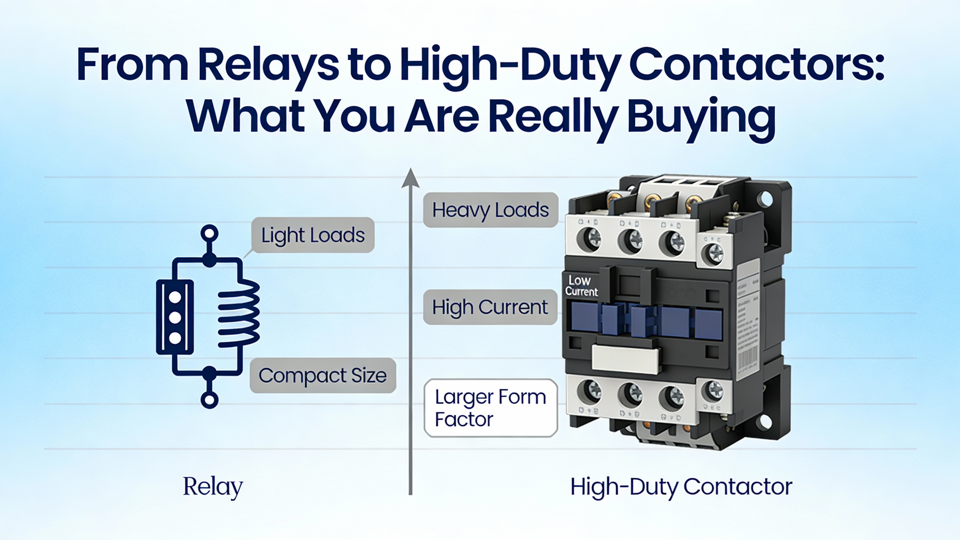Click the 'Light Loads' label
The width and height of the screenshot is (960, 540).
pyautogui.click(x=313, y=235)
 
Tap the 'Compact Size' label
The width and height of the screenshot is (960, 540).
pyautogui.click(x=322, y=375)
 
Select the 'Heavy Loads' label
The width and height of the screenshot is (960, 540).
pyautogui.click(x=490, y=210)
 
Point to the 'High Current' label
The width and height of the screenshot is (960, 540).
pyautogui.click(x=490, y=307)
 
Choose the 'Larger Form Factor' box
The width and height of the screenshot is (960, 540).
pyautogui.click(x=490, y=408)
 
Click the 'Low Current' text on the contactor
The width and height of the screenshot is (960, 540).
pyautogui.click(x=581, y=286)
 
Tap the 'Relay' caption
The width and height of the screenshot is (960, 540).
pyautogui.click(x=213, y=487)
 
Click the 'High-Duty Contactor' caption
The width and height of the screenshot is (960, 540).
pyautogui.click(x=681, y=487)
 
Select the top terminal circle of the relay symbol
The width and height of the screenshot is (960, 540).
pyautogui.click(x=209, y=233)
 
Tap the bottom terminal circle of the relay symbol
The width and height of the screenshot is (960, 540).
pyautogui.click(x=209, y=400)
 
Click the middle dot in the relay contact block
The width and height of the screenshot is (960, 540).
pyautogui.click(x=175, y=318)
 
